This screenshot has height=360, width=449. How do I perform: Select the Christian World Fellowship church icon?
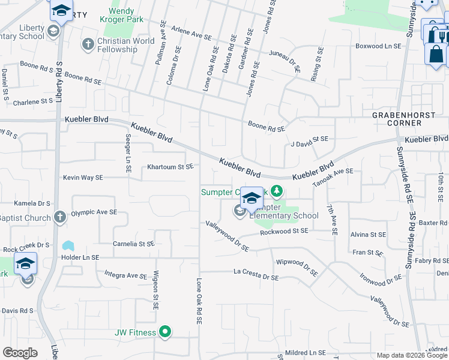coord(88,44)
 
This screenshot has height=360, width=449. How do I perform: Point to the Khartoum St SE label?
coord(170,166)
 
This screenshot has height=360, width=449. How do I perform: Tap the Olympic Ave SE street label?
coord(94,212)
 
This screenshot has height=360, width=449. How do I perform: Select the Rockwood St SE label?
coord(283,231)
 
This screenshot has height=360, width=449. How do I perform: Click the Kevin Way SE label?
coord(83,178)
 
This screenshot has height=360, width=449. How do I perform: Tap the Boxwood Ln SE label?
coord(378,46)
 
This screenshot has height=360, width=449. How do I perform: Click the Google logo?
coord(20,353)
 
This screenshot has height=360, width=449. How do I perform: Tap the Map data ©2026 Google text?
coord(411,355)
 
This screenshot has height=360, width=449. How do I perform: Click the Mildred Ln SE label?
coord(305,353)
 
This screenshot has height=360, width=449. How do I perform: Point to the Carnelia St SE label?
coord(134,244)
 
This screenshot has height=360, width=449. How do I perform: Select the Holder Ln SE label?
coord(79,257)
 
